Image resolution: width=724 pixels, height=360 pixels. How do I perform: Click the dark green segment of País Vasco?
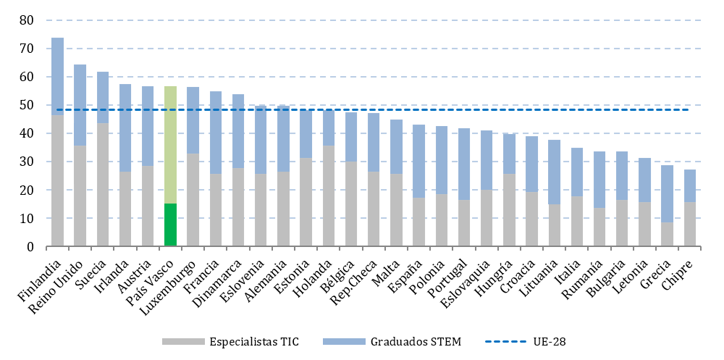pyautogui.click(x=170, y=225)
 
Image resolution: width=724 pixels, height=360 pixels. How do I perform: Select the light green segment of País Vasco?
pyautogui.click(x=170, y=145)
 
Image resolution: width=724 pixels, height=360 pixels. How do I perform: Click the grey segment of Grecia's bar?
pyautogui.click(x=667, y=234)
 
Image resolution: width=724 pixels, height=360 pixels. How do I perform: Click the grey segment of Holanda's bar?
pyautogui.click(x=328, y=196)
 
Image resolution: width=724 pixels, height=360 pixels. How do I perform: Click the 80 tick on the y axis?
pyautogui.click(x=26, y=20)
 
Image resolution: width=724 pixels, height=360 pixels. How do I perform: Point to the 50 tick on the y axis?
pyautogui.click(x=26, y=105)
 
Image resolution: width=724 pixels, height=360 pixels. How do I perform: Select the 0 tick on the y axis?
pyautogui.click(x=30, y=247)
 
